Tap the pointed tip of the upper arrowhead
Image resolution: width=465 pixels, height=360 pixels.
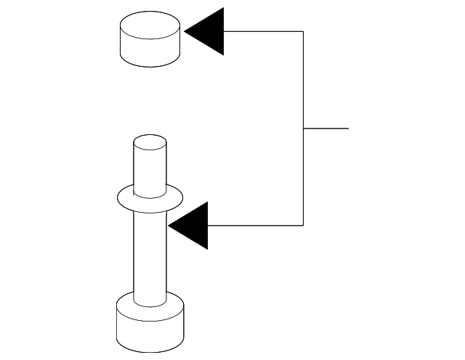[186, 31]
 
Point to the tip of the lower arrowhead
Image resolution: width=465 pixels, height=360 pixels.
[169, 225]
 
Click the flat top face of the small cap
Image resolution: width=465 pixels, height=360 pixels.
[149, 29]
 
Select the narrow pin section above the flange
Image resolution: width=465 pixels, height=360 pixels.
[150, 167]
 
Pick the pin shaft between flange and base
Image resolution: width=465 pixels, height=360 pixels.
[150, 254]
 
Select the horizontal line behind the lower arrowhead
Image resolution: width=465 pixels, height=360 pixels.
[254, 225]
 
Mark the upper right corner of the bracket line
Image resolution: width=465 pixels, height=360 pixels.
[303, 31]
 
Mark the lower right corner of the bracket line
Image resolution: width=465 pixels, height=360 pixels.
[303, 225]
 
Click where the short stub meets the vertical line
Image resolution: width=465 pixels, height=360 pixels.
[303, 128]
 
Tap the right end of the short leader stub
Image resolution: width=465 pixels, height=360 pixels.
[348, 128]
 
